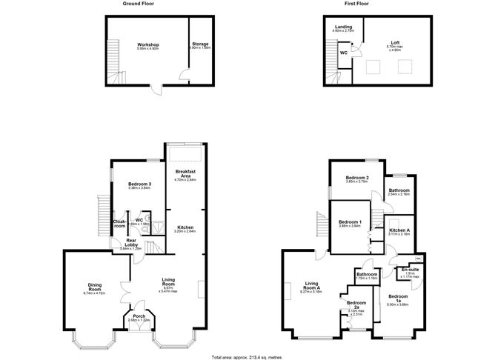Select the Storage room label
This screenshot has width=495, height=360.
(x=200, y=45)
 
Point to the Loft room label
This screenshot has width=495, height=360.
(x=395, y=44)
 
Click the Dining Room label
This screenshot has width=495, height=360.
(x=94, y=286)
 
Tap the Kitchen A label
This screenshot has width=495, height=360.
(x=399, y=231)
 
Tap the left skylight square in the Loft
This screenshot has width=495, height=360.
(x=371, y=67)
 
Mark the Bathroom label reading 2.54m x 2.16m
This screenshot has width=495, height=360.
(x=400, y=191)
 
